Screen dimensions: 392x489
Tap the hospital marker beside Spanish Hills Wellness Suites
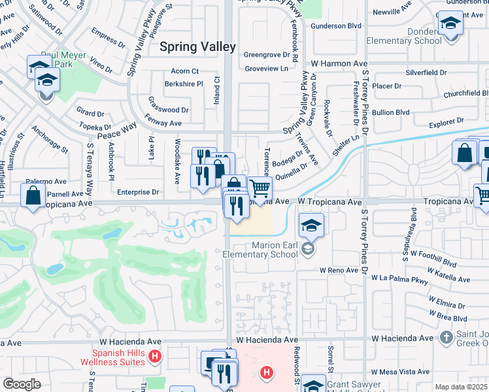[154, 356]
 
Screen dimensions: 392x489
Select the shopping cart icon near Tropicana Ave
[260, 189]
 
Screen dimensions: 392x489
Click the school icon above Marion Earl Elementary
[311, 226]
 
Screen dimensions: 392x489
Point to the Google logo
[22, 384]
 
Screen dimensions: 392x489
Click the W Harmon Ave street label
[339, 63]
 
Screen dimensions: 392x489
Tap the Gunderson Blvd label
[337, 25]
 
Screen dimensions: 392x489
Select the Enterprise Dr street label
[138, 192]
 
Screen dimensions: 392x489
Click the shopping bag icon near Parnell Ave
[33, 195]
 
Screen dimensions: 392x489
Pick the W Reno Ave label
[341, 270]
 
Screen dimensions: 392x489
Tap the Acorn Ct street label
[184, 71]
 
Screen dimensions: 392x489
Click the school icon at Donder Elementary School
[450, 25]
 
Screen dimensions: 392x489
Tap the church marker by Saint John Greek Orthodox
[447, 338]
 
